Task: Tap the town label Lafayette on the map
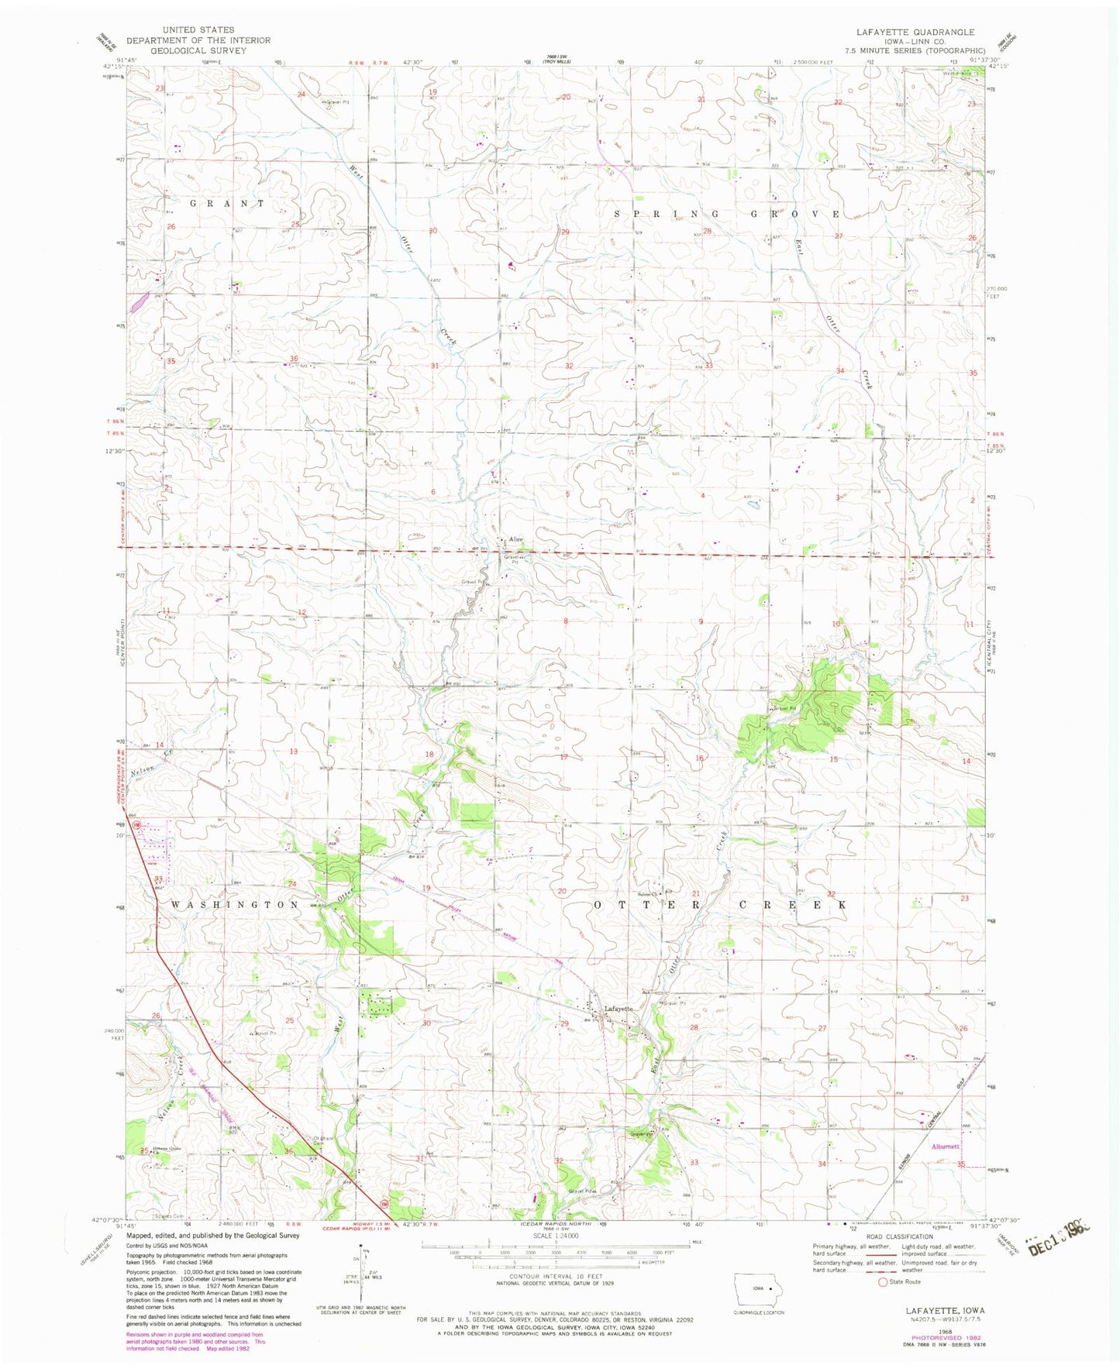[x=619, y=1009]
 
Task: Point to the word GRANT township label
[x=215, y=203]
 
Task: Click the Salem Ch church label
[x=648, y=889]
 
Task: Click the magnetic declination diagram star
[x=361, y=1247]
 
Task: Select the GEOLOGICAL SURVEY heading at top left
[x=198, y=50]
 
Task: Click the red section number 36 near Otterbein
[x=289, y=1151]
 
